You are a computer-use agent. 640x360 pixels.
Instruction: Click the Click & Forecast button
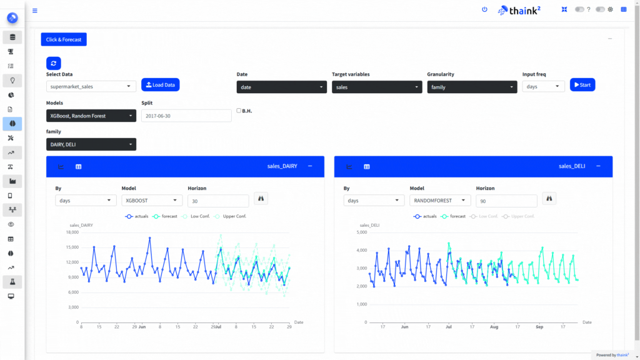[x=64, y=39]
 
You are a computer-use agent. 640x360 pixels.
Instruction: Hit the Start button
[x=582, y=85]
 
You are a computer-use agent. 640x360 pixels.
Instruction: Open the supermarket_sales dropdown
[x=91, y=87]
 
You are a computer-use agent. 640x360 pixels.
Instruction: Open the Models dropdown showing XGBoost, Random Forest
[x=91, y=116]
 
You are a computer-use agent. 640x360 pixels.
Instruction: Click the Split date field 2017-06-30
[x=186, y=116]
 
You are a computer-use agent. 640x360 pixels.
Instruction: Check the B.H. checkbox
[x=239, y=111]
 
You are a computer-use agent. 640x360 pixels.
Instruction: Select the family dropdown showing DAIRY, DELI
[x=91, y=144]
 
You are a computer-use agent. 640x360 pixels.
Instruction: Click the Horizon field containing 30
[x=218, y=201]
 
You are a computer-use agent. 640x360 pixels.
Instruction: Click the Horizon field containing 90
[x=506, y=201]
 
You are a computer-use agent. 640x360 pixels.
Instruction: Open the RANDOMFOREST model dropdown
[x=439, y=201]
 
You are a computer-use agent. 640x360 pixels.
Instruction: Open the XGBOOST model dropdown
[x=151, y=201]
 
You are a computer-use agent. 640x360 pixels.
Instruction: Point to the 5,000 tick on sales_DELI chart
[x=361, y=232]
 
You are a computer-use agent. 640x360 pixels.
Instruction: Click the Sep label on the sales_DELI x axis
[x=539, y=326]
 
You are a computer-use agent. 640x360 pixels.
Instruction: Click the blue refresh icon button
[x=53, y=63]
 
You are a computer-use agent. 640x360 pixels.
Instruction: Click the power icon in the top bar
[x=484, y=9]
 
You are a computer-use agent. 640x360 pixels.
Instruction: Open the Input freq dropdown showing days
[x=543, y=87]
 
